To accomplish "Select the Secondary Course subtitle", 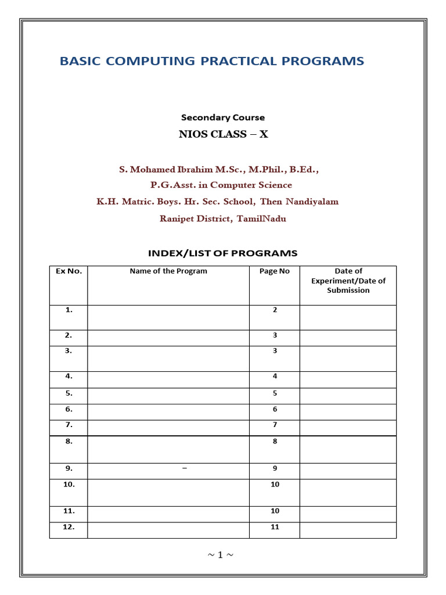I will pos(222,117).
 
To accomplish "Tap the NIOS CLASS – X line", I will pos(223,135).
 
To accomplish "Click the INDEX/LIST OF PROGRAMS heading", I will pos(222,253).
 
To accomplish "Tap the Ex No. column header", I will pos(69,271).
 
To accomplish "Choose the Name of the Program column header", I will pos(168,271).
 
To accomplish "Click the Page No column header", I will pos(275,271).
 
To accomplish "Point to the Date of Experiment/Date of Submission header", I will pos(348,281).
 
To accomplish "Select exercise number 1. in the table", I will pos(69,310).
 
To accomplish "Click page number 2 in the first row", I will pos(275,310).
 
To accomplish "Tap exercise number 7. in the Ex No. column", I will pos(69,425).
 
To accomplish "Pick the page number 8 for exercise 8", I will pos(275,442).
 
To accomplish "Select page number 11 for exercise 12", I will pos(275,527).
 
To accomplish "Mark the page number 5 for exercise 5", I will pos(275,393).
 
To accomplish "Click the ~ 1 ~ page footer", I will pos(221,555).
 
